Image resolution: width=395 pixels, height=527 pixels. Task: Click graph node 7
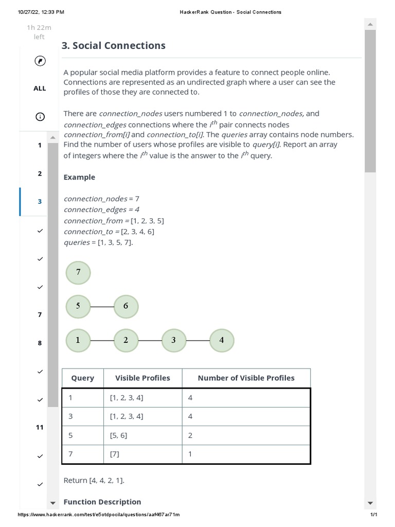pos(78,273)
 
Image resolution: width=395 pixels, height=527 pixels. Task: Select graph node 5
pos(78,307)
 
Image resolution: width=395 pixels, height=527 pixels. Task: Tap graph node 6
pos(126,307)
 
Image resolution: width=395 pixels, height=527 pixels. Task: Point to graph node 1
pos(78,341)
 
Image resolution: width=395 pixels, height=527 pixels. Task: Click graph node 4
pos(222,341)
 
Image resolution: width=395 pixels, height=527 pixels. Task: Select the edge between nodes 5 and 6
pos(102,307)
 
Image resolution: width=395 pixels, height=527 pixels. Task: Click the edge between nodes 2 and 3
pos(150,341)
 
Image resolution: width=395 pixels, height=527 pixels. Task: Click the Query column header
pos(83,378)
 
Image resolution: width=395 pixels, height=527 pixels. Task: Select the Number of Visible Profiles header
pos(246,378)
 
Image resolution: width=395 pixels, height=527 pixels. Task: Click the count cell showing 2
pos(190,435)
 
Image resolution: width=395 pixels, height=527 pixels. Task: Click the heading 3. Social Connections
pos(114,46)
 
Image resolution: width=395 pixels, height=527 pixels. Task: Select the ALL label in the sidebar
pos(40,89)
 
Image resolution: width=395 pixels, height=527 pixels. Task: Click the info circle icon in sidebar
pos(40,117)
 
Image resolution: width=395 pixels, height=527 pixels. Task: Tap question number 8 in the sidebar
pos(40,343)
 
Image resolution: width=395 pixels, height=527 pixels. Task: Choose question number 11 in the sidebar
pos(40,428)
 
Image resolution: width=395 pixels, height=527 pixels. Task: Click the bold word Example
pos(79,178)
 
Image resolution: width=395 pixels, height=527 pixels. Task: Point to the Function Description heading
pos(102,502)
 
